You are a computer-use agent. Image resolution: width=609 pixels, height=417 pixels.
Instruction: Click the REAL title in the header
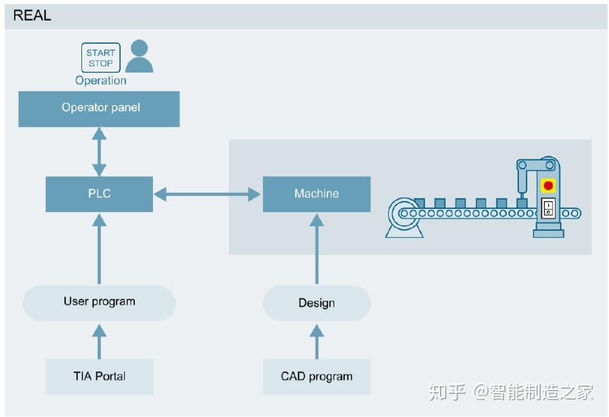tap(32, 15)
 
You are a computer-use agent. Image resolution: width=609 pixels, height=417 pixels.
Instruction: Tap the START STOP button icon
tap(100, 58)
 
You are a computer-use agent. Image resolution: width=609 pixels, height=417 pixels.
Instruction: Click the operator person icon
tap(139, 57)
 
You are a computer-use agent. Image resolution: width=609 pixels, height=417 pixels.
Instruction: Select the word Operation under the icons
tap(100, 80)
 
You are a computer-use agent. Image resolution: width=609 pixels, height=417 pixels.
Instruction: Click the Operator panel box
tap(99, 108)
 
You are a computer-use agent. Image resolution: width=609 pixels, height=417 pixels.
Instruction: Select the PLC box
tap(99, 193)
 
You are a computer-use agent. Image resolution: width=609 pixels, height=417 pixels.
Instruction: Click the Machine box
tap(316, 193)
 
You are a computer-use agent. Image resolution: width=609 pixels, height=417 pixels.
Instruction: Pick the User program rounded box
tap(99, 302)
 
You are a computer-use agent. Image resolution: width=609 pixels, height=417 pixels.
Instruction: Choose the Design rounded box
tap(316, 303)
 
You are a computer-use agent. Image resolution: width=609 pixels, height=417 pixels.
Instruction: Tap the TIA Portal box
tap(99, 377)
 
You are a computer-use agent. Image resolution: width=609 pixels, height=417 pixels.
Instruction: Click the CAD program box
tap(316, 377)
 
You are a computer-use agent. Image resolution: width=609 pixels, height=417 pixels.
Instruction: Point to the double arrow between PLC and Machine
tap(208, 193)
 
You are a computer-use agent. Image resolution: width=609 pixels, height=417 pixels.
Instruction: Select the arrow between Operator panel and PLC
tap(99, 152)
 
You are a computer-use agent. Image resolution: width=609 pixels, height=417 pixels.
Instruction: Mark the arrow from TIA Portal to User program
tap(99, 341)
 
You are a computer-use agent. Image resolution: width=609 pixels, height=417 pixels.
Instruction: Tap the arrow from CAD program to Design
tap(316, 341)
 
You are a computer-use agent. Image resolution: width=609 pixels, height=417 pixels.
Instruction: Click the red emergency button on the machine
tap(548, 186)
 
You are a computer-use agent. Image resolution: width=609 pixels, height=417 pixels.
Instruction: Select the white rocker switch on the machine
tap(548, 208)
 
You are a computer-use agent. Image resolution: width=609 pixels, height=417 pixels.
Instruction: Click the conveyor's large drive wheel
tap(404, 213)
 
